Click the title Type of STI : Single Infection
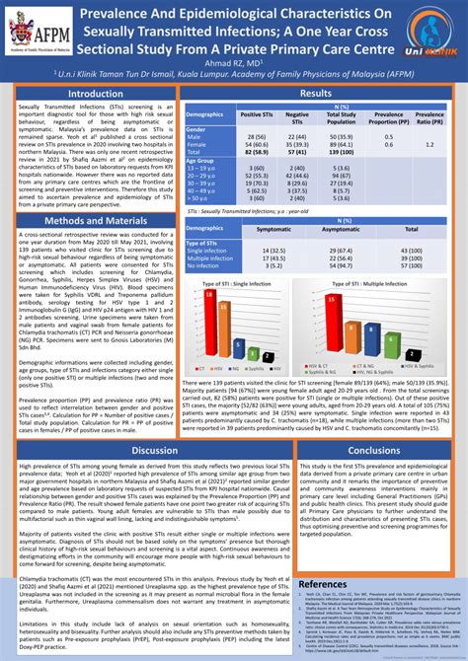point(243,284)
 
